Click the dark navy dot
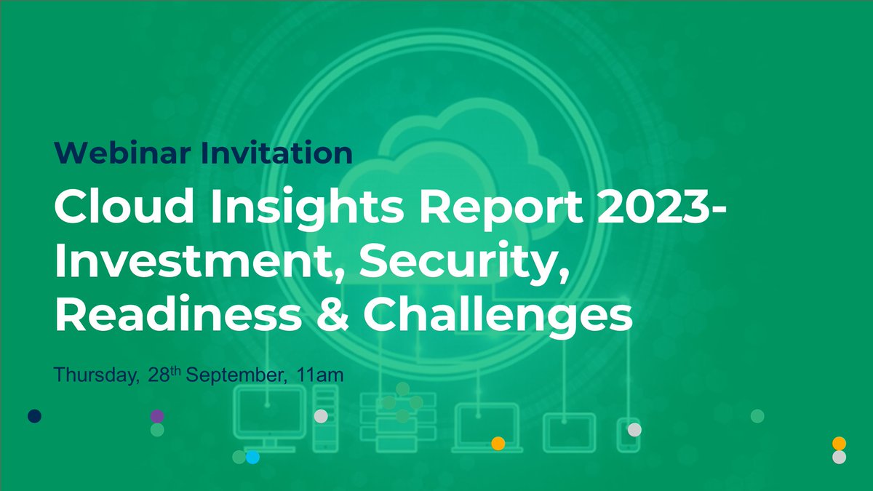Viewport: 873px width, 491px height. tap(34, 416)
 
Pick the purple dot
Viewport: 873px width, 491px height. tap(157, 416)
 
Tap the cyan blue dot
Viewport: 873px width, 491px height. tap(252, 457)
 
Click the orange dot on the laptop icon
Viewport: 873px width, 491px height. tap(498, 443)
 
